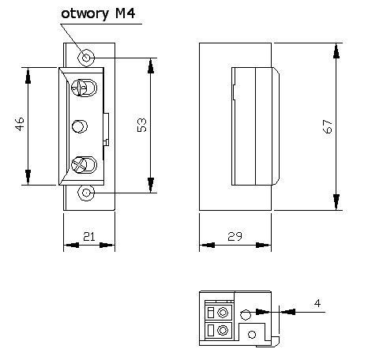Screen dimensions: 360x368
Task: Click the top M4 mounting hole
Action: coord(86,57)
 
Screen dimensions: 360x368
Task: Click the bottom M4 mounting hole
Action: coord(86,192)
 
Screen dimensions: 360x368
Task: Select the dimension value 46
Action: coord(19,126)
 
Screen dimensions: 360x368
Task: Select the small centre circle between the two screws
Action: coord(79,126)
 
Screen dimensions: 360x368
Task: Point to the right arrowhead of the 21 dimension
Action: coord(109,244)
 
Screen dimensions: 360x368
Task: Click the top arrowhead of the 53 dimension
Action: coord(150,63)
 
